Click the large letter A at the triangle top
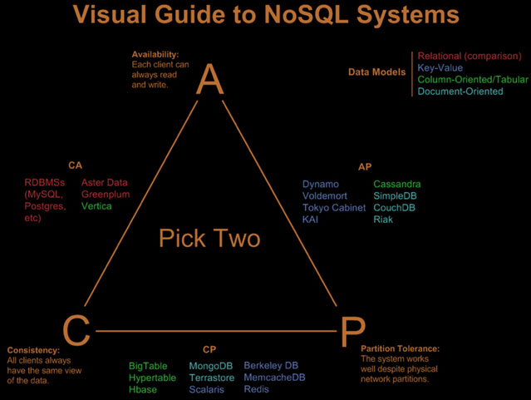point(210,79)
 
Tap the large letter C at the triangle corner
point(76,330)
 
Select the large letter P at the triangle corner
point(352,332)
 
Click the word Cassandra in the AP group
point(397,184)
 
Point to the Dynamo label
point(321,185)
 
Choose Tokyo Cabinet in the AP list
point(334,208)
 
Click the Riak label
point(383,220)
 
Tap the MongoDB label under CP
point(211,366)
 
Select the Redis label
point(256,389)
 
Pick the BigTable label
point(148,366)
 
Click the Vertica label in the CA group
point(96,206)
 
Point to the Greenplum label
point(106,195)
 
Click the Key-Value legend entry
point(440,68)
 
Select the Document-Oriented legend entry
point(460,91)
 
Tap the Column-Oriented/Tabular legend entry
point(473,79)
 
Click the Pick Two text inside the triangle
point(209,238)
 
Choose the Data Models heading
point(377,72)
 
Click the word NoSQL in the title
point(306,14)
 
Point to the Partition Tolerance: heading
point(400,348)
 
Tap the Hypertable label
point(152,378)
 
